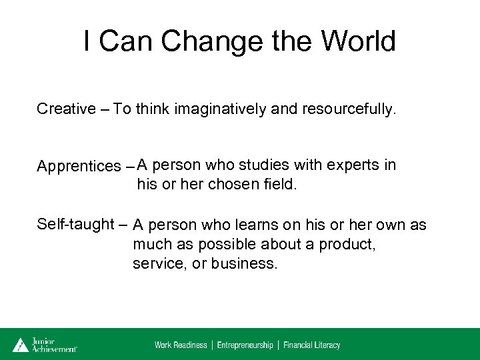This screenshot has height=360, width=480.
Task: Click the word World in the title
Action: [358, 41]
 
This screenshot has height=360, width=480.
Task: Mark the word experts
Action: [357, 164]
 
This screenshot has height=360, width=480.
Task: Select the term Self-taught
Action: [75, 225]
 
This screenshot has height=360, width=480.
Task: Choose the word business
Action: [243, 263]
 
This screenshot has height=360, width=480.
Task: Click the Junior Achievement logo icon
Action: [21, 344]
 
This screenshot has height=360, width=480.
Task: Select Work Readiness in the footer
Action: [181, 345]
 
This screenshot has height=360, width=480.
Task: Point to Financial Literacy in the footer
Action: [311, 345]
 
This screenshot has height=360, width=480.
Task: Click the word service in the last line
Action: [157, 263]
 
